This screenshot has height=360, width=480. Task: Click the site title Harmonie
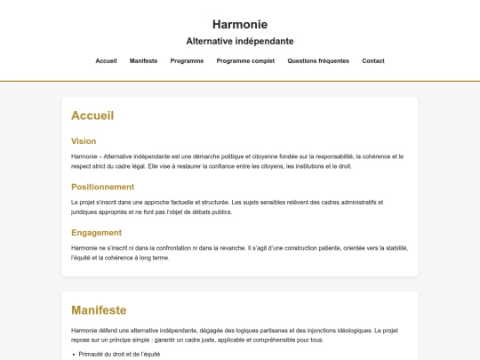240,25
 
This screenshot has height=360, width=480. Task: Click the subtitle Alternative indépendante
240,41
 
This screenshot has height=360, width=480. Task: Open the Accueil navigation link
106,61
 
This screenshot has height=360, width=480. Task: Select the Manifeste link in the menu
143,61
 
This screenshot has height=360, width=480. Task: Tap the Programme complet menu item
245,61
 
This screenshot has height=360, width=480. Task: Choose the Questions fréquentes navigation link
318,61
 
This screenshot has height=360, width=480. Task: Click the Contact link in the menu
373,61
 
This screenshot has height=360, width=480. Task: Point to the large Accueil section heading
92,116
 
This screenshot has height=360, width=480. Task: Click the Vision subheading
84,141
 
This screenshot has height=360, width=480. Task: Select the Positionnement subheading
102,187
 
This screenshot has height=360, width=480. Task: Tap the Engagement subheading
96,233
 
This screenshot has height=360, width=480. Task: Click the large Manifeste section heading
99,310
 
